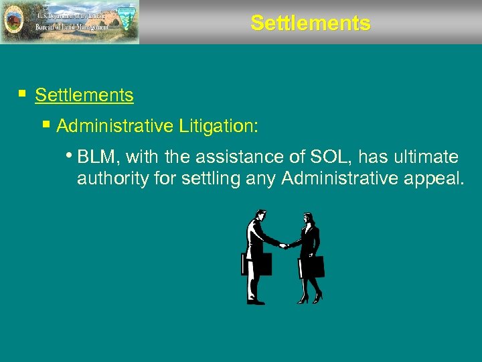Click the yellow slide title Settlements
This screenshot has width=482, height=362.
pos(310,23)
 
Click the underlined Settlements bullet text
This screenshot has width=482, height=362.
pos(84,95)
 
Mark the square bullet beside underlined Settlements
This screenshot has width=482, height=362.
pos(23,95)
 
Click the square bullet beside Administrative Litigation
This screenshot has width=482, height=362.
pos(46,125)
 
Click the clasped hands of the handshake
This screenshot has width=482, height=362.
pos(284,245)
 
